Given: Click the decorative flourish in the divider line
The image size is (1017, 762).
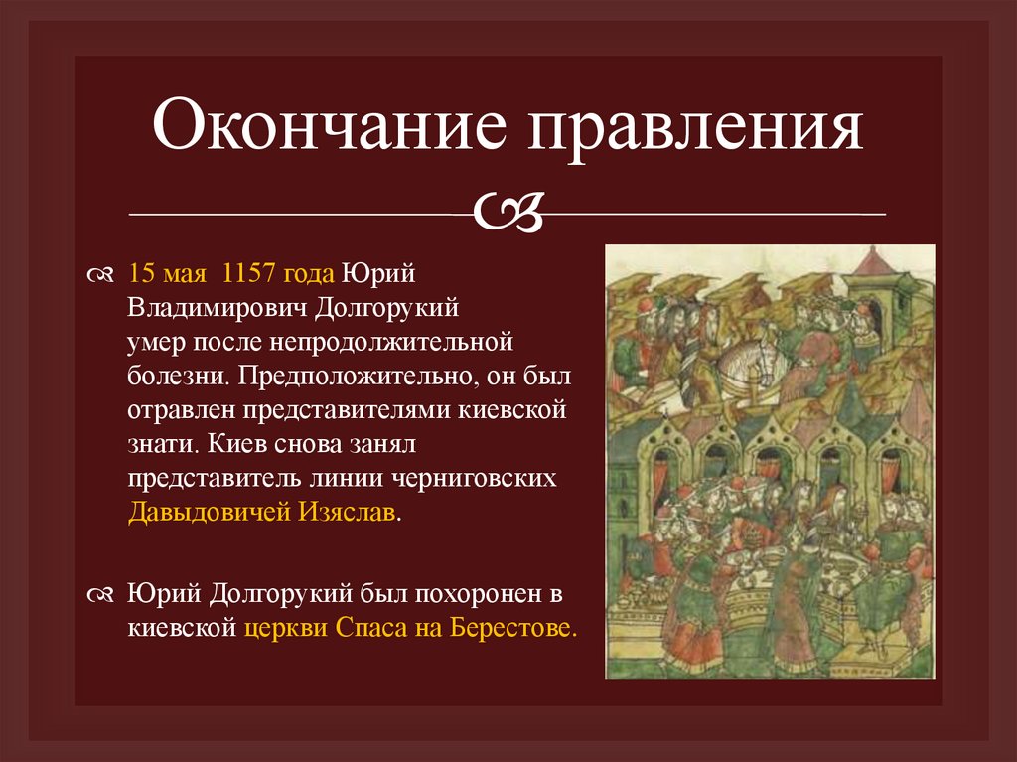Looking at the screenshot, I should [x=508, y=211].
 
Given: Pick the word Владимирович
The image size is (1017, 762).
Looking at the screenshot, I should [x=218, y=308].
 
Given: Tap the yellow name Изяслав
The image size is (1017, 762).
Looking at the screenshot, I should [x=347, y=513].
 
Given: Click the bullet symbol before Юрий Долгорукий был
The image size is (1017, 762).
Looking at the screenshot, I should [x=101, y=595].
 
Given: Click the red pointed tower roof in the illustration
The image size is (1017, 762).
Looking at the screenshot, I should [x=874, y=262].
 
